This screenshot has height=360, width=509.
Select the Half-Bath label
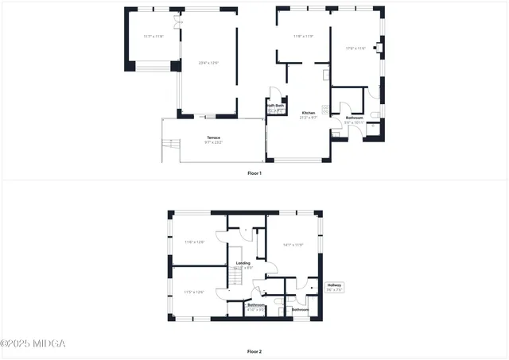(x=276, y=106)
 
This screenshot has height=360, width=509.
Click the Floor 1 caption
(x=254, y=172)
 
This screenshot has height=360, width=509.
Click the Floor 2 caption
(x=254, y=350)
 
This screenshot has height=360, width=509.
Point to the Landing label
(x=243, y=262)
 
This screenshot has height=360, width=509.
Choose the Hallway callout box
(x=335, y=287)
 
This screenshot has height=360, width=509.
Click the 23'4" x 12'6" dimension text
(x=208, y=62)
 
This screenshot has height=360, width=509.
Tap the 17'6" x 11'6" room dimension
(x=356, y=48)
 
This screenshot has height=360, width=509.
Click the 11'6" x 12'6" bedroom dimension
(x=195, y=242)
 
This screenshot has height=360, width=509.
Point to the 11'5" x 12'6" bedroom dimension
(x=194, y=292)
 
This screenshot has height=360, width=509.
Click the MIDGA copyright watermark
(x=33, y=343)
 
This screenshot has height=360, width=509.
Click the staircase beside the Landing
(x=235, y=279)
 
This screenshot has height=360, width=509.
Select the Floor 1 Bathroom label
(x=354, y=117)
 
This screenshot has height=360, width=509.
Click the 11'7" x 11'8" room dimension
(x=153, y=37)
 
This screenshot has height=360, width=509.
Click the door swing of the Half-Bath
(x=273, y=92)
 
